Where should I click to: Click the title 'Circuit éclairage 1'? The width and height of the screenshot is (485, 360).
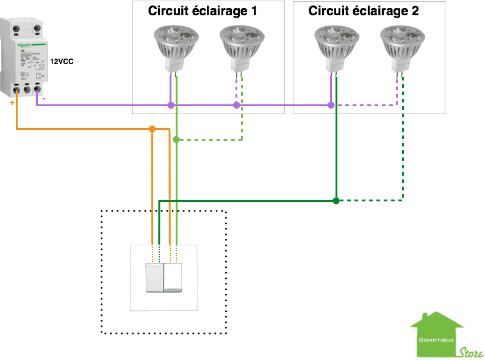click(x=203, y=11)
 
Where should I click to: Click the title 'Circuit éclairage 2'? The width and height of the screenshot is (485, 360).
click(x=364, y=11)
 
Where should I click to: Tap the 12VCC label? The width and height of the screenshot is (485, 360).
click(x=62, y=62)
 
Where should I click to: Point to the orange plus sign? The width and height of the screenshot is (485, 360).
click(x=12, y=103)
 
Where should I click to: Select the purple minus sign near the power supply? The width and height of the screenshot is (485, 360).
click(x=43, y=98)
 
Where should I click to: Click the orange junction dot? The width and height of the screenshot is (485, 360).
click(x=153, y=129)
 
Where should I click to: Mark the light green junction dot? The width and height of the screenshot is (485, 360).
click(x=176, y=140)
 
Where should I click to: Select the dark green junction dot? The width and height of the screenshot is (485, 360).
click(x=336, y=201)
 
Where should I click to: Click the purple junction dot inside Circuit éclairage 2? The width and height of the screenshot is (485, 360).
click(x=331, y=106)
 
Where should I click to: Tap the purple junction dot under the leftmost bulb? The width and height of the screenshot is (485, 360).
click(x=171, y=106)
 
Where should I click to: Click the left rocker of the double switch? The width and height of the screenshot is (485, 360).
click(x=155, y=277)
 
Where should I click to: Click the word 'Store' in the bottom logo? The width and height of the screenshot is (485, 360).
click(x=471, y=353)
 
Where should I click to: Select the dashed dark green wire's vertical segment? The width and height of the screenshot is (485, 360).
click(x=403, y=153)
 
